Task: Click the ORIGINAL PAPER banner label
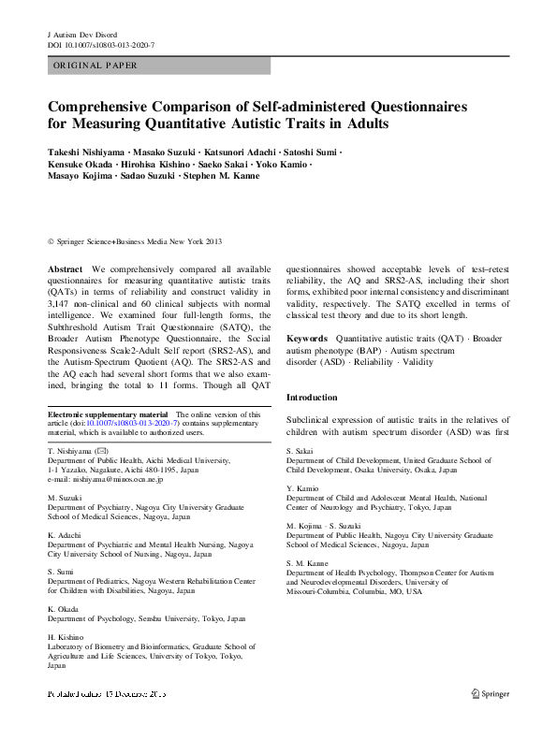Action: coord(95,65)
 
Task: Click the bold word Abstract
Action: coord(65,268)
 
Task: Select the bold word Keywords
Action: coord(307,338)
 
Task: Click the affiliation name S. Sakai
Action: coord(300,452)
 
